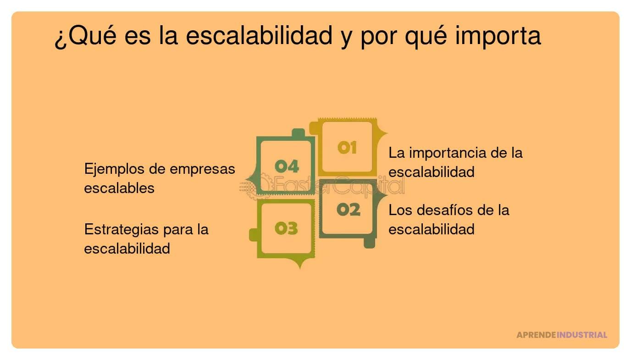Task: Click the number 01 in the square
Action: tap(347, 148)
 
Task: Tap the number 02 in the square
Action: tap(349, 210)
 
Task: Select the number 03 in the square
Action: tap(286, 228)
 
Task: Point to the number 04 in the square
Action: tap(287, 166)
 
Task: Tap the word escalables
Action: tap(119, 188)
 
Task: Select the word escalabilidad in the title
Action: tap(259, 36)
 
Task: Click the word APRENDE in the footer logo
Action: tap(536, 335)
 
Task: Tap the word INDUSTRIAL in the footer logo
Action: tap(582, 335)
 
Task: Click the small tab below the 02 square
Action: tap(369, 243)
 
